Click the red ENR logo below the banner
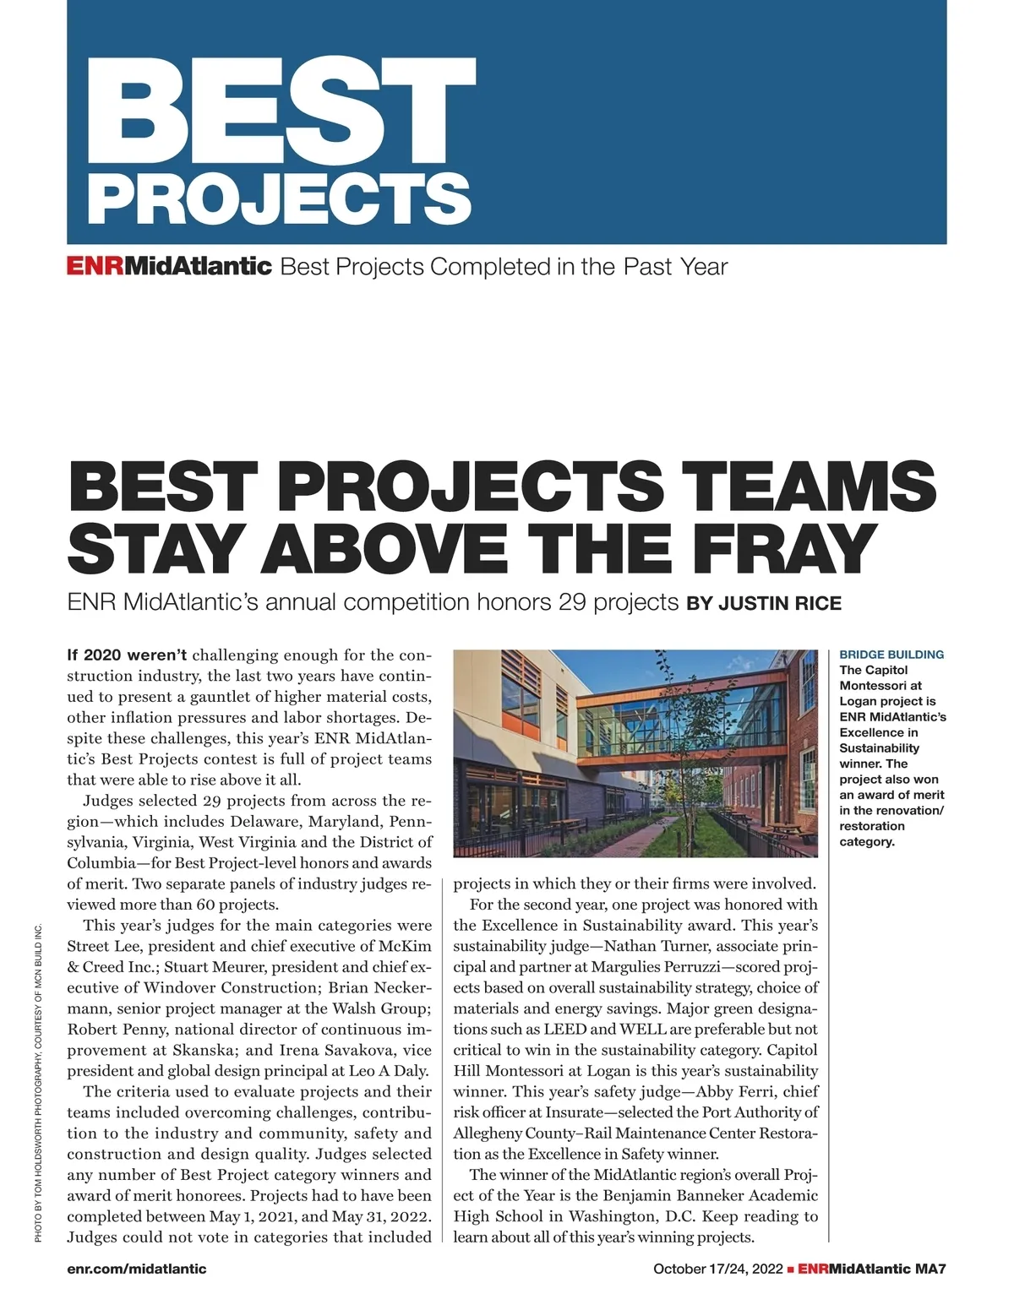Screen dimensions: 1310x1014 point(95,267)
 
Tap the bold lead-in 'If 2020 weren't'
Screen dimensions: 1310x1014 point(127,655)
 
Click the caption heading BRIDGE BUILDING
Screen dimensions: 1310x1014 point(891,655)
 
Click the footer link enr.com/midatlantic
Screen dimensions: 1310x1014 point(136,1269)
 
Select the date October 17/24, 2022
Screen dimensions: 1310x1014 point(718,1269)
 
